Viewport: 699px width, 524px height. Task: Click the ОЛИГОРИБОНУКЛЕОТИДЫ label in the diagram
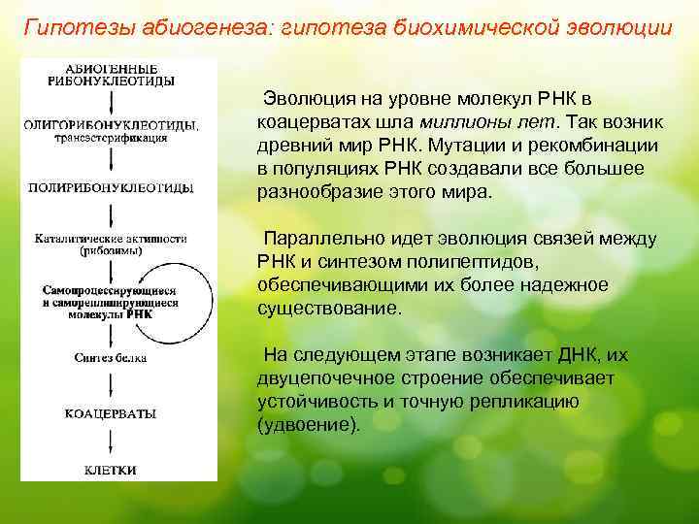coord(113,125)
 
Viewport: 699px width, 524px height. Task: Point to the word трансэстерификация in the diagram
coord(111,138)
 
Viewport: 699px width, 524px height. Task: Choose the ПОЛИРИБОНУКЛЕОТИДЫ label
coord(113,186)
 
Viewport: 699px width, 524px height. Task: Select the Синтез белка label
coord(111,358)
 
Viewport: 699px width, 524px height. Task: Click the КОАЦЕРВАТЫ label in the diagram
coord(111,413)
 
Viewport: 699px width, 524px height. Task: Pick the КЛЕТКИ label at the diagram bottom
coord(111,470)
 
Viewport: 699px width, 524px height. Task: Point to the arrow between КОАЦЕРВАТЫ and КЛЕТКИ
coord(113,442)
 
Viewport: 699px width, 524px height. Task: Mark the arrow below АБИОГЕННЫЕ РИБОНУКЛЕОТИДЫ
coord(113,103)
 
